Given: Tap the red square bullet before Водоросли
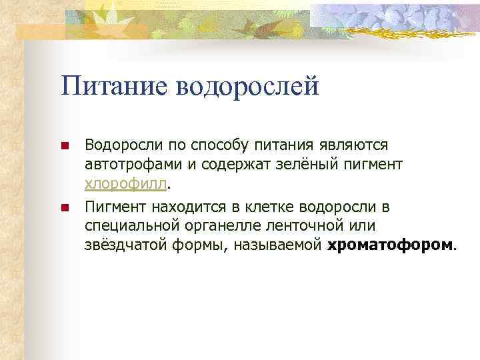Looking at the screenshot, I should (x=65, y=145).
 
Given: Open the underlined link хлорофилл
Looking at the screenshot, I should (x=127, y=183).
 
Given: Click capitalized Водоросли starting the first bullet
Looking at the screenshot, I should (x=118, y=145).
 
